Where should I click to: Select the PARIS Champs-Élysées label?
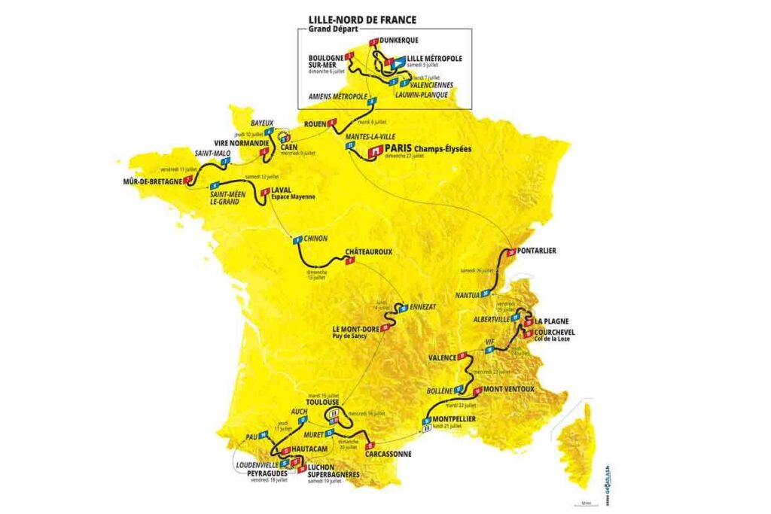pos(428,149)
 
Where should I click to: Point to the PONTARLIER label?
pos(537,251)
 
